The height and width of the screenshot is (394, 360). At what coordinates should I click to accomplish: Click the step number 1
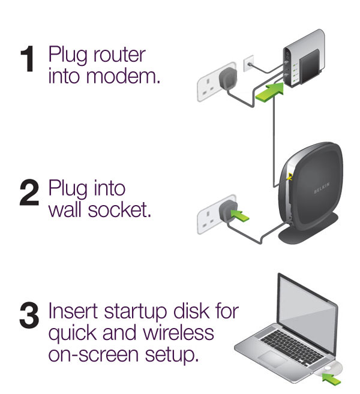pos(28,60)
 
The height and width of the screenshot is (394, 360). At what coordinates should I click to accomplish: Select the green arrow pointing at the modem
pos(269,91)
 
